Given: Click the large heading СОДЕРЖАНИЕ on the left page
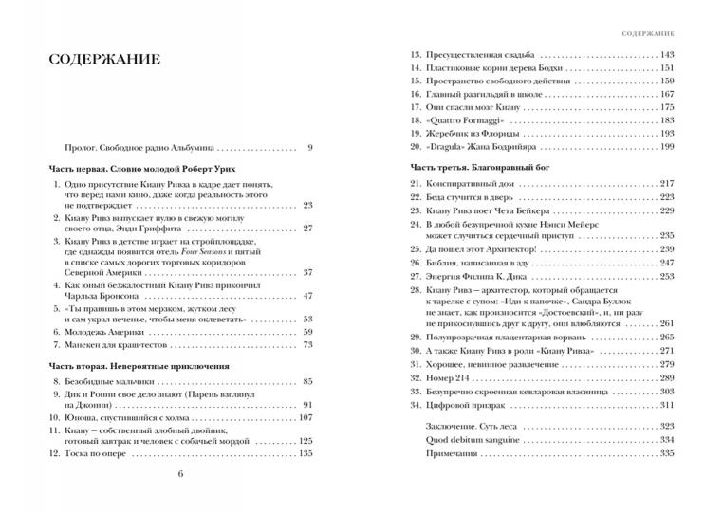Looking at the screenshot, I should coord(104,59).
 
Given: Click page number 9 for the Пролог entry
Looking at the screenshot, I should coord(310,148).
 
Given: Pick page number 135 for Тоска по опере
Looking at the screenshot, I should coord(305,454).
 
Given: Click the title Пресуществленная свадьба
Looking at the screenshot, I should coord(482,54).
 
